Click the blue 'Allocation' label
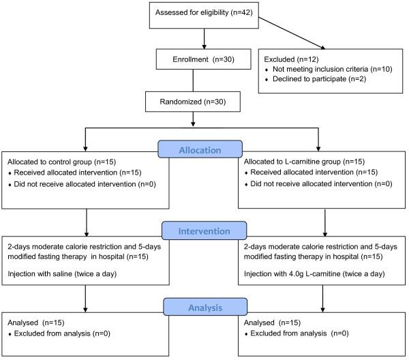coord(200,149)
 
